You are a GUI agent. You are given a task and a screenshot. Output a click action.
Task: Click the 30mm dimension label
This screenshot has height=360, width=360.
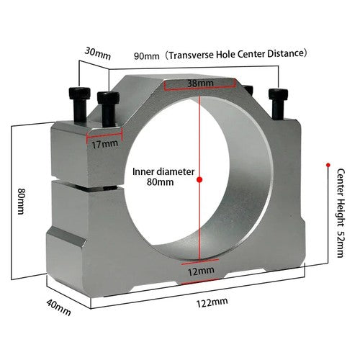tap(98, 54)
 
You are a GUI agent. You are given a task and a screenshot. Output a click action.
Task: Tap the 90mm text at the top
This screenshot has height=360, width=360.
tap(147, 56)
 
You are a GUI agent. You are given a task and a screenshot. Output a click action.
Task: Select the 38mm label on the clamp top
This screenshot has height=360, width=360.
tap(200, 84)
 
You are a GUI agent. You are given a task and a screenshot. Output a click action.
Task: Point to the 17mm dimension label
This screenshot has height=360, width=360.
tap(105, 144)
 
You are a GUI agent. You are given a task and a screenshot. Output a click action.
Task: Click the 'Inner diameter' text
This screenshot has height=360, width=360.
tap(163, 171)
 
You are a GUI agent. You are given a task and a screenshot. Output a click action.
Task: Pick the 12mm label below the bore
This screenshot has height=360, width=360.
tap(201, 271)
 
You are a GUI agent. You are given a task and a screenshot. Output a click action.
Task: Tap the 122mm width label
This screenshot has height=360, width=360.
tap(212, 302)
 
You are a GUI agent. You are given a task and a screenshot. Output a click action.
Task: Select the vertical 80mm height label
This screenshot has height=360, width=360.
tap(22, 201)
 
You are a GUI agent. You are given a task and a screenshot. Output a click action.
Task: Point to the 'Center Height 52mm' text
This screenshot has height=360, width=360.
tap(341, 213)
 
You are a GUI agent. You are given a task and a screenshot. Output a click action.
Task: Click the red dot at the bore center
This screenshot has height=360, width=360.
tap(199, 179)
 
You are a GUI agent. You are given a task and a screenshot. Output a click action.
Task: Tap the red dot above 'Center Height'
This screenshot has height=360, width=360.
tap(328, 165)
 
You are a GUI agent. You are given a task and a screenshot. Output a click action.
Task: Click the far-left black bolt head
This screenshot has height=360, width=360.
tap(79, 94)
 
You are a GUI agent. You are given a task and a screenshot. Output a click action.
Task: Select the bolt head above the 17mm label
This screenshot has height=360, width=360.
tap(108, 98)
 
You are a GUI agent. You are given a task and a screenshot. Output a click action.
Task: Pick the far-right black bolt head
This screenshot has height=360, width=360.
tap(278, 94)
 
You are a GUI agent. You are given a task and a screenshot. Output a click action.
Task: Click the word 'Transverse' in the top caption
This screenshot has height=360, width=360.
tap(191, 55)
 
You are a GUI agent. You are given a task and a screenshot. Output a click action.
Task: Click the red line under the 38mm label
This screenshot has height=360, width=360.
tap(199, 89)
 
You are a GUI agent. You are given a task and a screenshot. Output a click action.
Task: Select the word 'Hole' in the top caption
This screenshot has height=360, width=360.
tap(225, 54)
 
